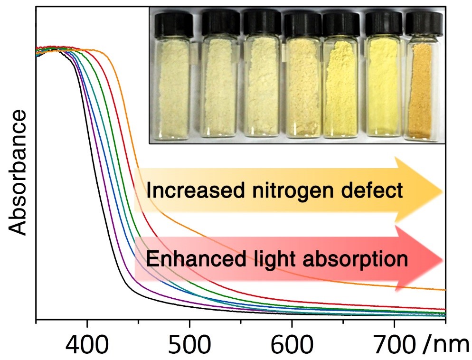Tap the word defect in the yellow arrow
point(375,191)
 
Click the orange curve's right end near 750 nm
point(444,289)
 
